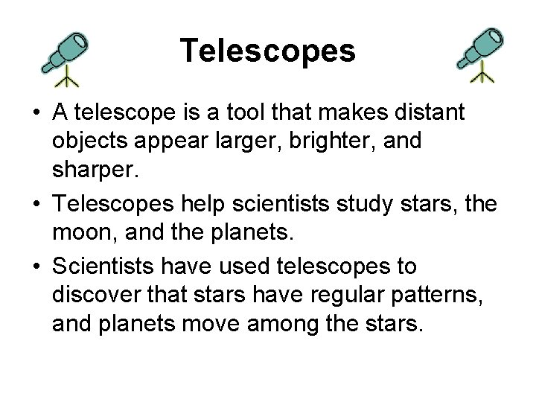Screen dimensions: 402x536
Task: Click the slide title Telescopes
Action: click(268, 51)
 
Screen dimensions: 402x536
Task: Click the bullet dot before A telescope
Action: click(36, 114)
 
